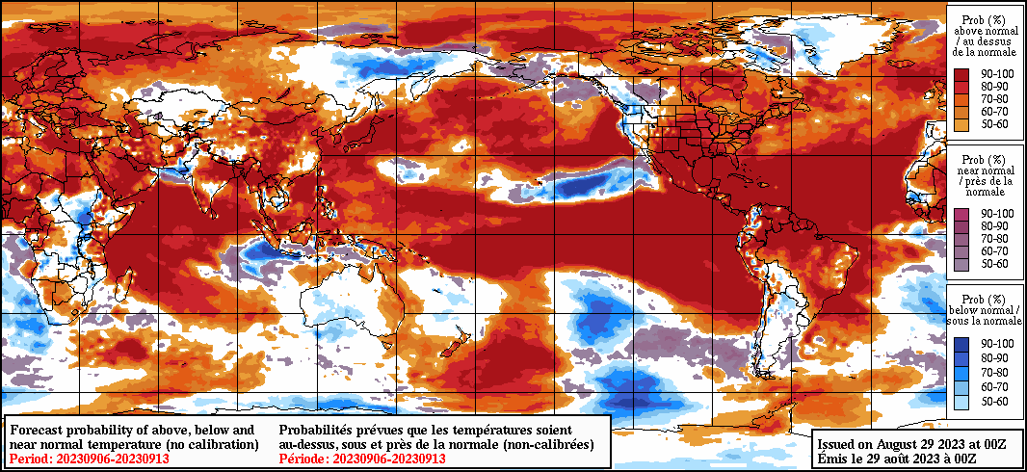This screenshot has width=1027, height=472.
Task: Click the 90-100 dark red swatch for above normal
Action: pyautogui.click(x=961, y=72)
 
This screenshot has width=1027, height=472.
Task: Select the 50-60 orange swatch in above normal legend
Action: pyautogui.click(x=961, y=124)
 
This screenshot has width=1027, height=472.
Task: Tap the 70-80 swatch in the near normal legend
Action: pyautogui.click(x=961, y=238)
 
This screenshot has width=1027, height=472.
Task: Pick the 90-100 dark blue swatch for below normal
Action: pyautogui.click(x=961, y=344)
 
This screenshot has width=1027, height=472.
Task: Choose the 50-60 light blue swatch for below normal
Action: pyautogui.click(x=961, y=401)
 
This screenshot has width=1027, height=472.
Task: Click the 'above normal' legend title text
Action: pyautogui.click(x=985, y=33)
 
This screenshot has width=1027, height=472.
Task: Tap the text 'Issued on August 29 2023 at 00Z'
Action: pyautogui.click(x=911, y=444)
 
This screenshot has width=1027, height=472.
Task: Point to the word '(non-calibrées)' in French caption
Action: pyautogui.click(x=543, y=444)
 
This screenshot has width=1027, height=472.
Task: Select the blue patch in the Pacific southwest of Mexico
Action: pyautogui.click(x=585, y=182)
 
